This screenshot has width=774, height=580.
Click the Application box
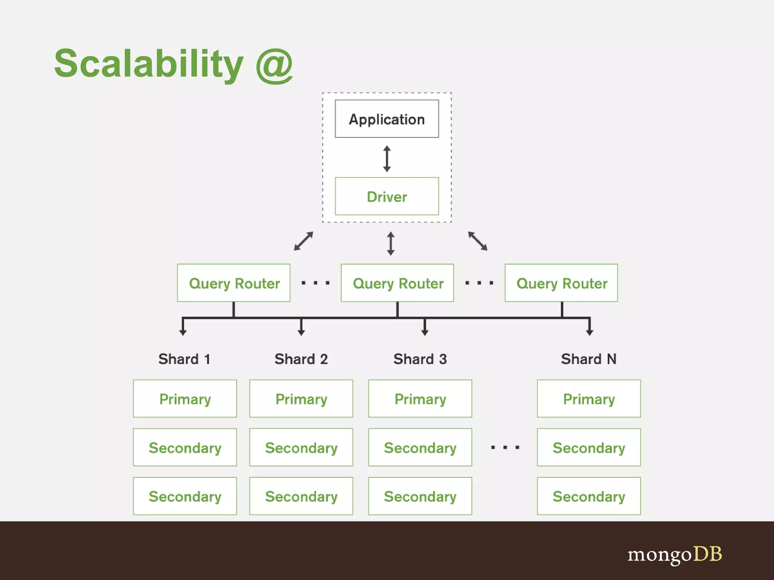click(387, 119)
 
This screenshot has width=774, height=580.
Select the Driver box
click(387, 196)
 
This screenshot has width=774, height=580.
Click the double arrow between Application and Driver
click(387, 159)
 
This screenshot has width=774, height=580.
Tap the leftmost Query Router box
click(234, 283)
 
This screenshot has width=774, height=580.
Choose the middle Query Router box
click(397, 283)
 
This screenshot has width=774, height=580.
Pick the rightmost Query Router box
click(561, 283)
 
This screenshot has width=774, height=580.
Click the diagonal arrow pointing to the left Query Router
click(303, 241)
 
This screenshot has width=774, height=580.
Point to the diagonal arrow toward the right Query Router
click(478, 241)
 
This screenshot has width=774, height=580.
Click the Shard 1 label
click(184, 359)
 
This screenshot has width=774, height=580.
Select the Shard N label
click(588, 359)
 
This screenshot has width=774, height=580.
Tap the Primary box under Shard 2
click(301, 399)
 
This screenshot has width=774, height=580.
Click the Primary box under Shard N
click(589, 399)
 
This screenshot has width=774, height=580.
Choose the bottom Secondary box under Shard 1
click(185, 496)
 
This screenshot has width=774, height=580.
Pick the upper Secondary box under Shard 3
click(420, 447)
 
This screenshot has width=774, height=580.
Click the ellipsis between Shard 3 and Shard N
click(505, 447)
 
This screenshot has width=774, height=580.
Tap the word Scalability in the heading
click(149, 63)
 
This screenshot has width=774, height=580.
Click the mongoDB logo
click(675, 554)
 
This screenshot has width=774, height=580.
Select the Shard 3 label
click(420, 359)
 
